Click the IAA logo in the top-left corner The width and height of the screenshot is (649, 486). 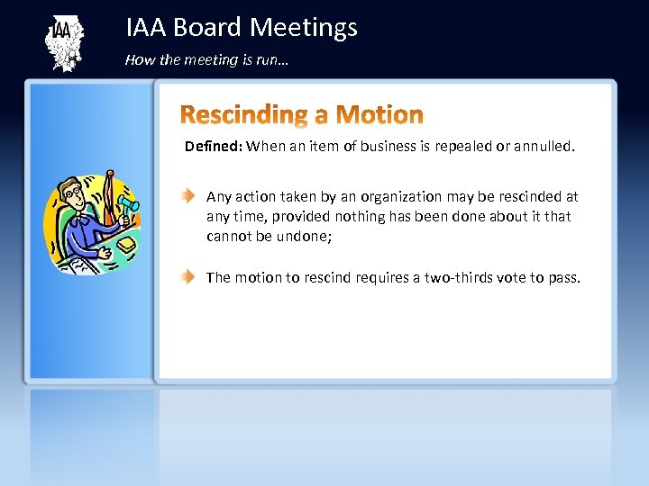(x=64, y=42)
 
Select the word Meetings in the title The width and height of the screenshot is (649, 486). (x=304, y=28)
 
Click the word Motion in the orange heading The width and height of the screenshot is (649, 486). (x=378, y=114)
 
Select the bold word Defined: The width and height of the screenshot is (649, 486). (x=213, y=146)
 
